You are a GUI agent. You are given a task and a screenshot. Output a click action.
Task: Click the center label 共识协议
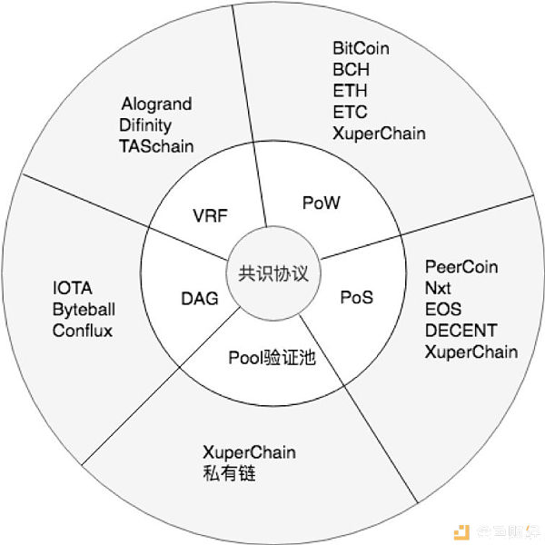point(273,274)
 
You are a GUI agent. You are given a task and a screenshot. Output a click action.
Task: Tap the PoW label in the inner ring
point(322,203)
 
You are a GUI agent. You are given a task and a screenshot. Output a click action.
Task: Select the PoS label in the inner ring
point(357,298)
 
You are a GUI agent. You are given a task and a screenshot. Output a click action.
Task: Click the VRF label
point(211,215)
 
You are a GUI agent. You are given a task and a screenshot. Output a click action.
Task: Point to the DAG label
point(200,299)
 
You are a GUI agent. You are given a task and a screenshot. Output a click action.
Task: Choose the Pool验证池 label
point(272,358)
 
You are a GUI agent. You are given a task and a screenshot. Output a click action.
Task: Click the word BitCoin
point(361,48)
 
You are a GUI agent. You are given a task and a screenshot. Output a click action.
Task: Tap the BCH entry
point(351,70)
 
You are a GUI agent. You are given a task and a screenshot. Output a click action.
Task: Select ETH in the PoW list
point(350,91)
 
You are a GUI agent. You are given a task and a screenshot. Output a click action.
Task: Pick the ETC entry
point(350,112)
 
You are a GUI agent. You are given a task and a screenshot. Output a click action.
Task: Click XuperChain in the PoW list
point(379,134)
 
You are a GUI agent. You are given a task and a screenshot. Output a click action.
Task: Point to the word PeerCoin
point(461,267)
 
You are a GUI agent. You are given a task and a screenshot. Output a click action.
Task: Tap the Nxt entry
point(438,288)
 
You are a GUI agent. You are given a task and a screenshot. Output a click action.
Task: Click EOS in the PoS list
point(443,310)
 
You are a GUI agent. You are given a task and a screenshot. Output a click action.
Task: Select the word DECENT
point(461,331)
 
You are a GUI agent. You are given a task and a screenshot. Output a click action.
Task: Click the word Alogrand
point(156,104)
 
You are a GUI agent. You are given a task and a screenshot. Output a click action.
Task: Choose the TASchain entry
point(156,146)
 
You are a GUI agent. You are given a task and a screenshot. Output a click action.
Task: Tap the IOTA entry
point(73,288)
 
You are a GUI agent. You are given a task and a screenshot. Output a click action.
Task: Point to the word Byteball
point(84,310)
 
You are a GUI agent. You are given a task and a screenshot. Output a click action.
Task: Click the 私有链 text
point(229,473)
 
